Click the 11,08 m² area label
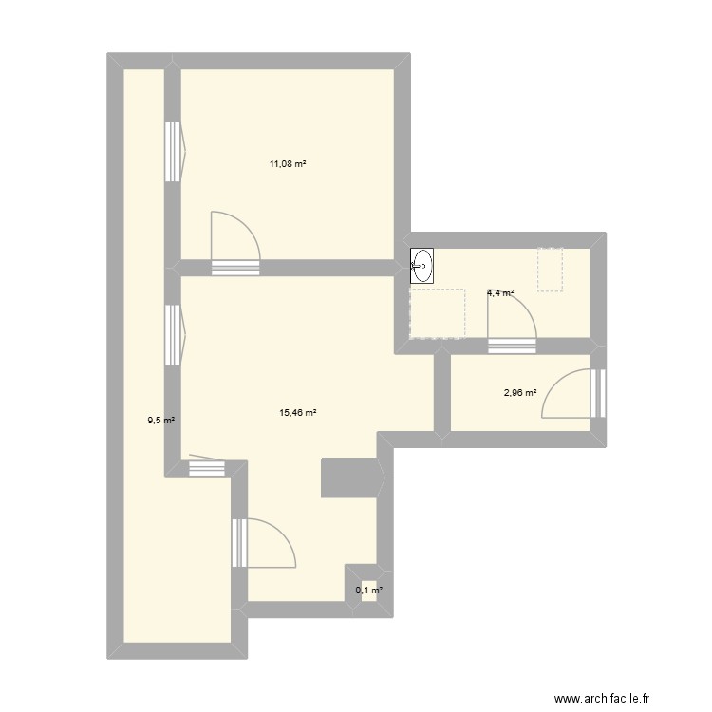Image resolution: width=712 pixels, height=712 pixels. point(288,164)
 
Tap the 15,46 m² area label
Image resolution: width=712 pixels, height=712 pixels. point(298,413)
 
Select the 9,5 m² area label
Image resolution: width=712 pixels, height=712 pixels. point(160,420)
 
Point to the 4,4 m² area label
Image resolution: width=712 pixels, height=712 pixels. point(500,293)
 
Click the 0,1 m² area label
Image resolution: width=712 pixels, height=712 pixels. point(368,590)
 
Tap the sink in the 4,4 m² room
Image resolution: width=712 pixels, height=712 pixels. point(422,266)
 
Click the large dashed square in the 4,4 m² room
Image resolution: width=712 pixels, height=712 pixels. point(437,313)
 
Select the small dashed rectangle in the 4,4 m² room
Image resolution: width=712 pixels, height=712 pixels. point(551,269)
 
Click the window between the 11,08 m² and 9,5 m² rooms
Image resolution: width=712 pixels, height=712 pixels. point(173,151)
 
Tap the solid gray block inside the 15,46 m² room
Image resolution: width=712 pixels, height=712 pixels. point(349,478)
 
